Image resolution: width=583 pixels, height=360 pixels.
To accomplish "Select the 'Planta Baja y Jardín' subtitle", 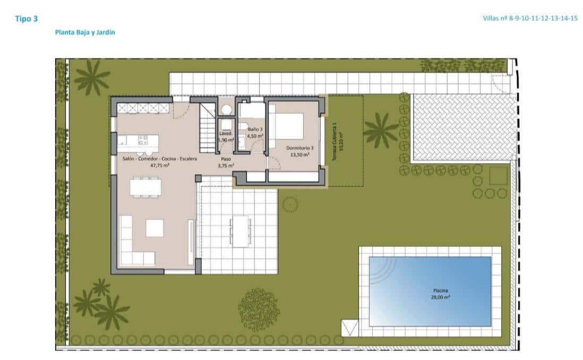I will click(85, 32).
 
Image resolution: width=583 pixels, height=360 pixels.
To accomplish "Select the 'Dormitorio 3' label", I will click(301, 148).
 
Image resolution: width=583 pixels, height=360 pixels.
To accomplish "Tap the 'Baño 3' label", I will click(255, 129).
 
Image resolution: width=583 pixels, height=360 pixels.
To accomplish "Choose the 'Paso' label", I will click(226, 158).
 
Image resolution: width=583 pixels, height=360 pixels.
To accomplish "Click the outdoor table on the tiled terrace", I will click(241, 231).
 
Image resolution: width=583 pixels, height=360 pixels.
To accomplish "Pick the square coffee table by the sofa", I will click(156, 228).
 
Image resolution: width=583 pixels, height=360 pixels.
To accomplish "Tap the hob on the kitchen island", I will click(143, 140).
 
